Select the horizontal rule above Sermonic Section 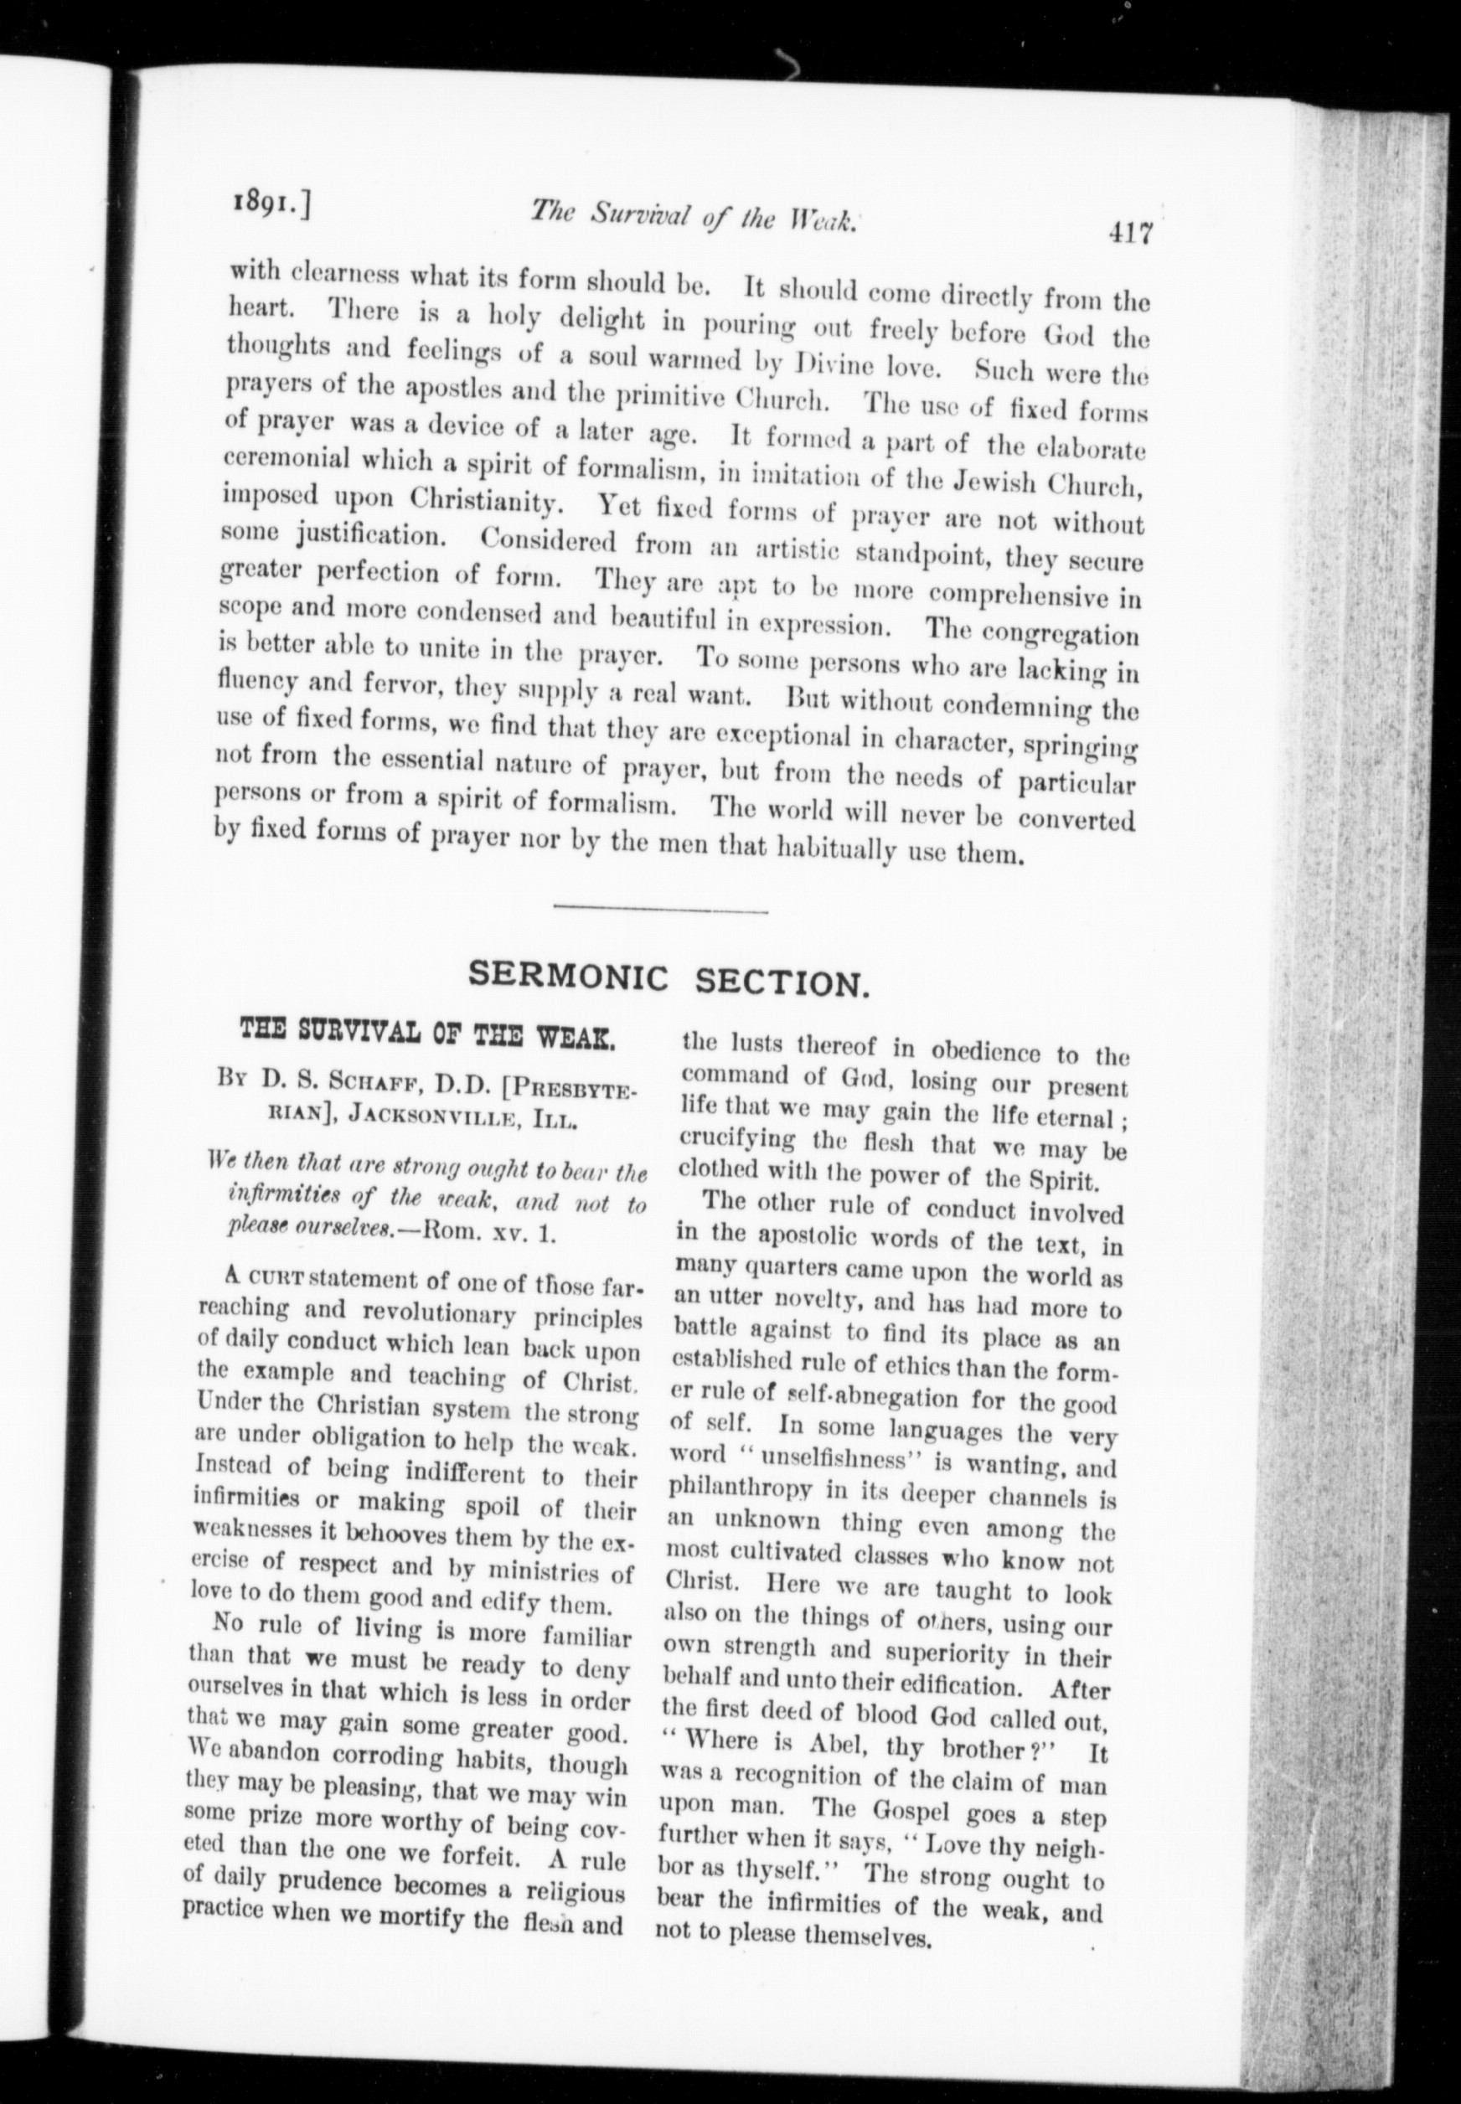(660, 909)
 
